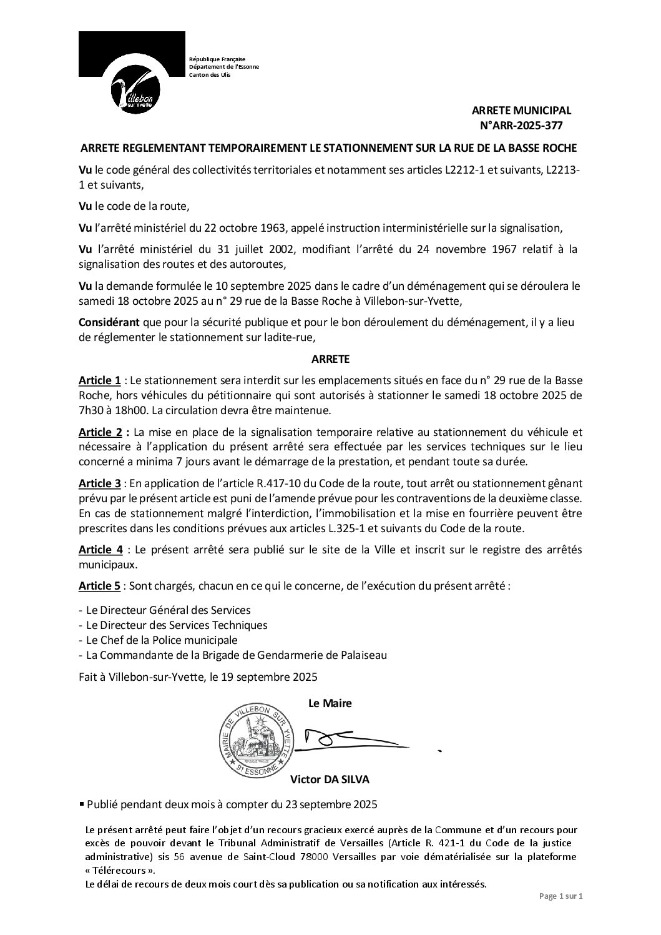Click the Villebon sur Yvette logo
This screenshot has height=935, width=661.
[132, 74]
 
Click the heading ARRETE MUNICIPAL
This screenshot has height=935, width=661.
[521, 111]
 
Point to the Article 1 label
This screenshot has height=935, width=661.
[100, 380]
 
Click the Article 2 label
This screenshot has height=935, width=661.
[101, 432]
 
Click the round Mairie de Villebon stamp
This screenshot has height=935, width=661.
[256, 739]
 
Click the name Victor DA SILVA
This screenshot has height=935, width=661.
[330, 779]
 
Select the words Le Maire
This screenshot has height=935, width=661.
[330, 703]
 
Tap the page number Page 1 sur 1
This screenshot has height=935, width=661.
[561, 896]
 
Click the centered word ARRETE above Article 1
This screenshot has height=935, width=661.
[330, 359]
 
